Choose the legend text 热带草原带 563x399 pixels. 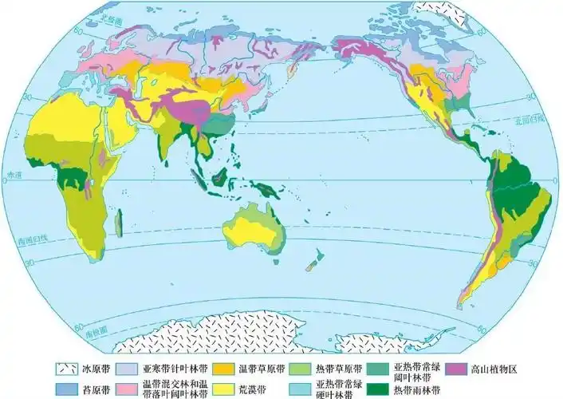pyautogui.click(x=339, y=369)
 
